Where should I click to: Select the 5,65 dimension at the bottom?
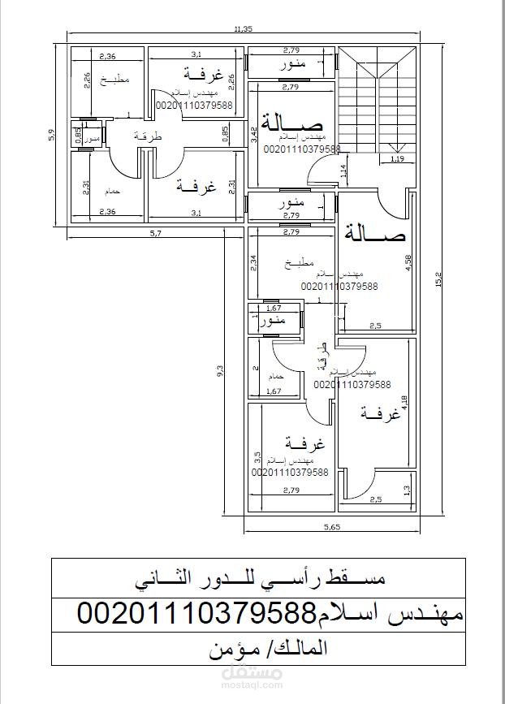click(x=332, y=527)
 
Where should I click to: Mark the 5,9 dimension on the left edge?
click(x=52, y=134)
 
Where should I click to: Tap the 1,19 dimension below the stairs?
click(x=397, y=159)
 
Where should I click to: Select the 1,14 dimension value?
click(x=343, y=171)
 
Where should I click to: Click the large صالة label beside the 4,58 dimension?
click(x=374, y=234)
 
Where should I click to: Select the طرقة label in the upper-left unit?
click(x=148, y=137)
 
